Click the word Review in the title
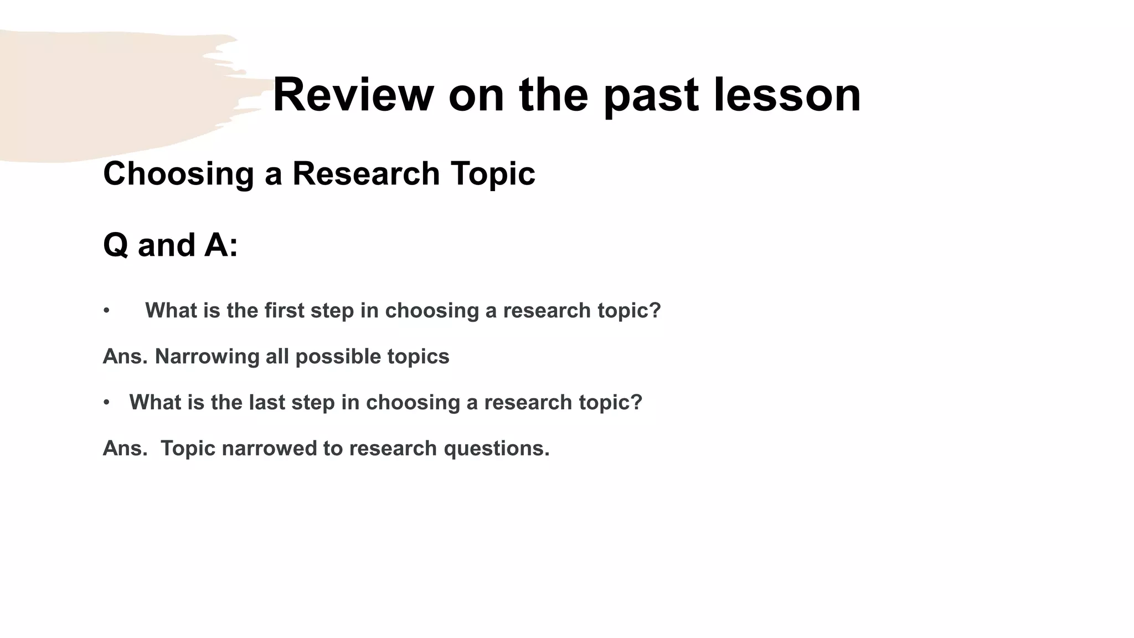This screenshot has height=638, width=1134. (353, 95)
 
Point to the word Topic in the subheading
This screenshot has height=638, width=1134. (493, 174)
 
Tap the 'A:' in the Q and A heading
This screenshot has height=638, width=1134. (221, 245)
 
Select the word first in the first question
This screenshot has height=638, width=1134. (285, 311)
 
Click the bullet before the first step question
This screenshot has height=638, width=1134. (106, 311)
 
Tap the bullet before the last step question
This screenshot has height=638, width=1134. (106, 403)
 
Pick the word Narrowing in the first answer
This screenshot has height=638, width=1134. (207, 357)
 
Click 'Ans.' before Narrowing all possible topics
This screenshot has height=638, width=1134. (125, 357)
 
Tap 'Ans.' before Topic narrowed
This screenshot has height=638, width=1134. (125, 449)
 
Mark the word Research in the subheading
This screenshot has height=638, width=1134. (366, 174)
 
